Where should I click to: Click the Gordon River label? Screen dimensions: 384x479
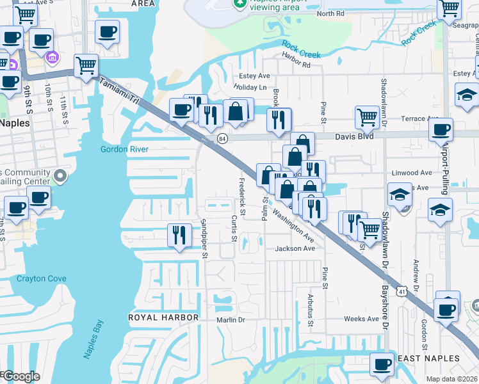(124, 149)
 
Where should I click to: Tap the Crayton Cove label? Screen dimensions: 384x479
(41, 278)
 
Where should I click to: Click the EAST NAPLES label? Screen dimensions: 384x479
(428, 358)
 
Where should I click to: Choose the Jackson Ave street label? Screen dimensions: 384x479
(295, 248)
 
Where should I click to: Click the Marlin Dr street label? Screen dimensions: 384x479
(231, 319)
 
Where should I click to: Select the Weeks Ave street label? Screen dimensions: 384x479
(361, 319)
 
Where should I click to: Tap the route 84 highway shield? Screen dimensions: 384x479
(222, 138)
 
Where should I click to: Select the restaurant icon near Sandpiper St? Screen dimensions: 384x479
(179, 234)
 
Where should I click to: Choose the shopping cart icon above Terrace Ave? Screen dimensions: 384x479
(367, 116)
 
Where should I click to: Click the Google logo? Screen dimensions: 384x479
(21, 376)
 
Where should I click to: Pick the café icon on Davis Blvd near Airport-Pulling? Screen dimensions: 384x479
(440, 129)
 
